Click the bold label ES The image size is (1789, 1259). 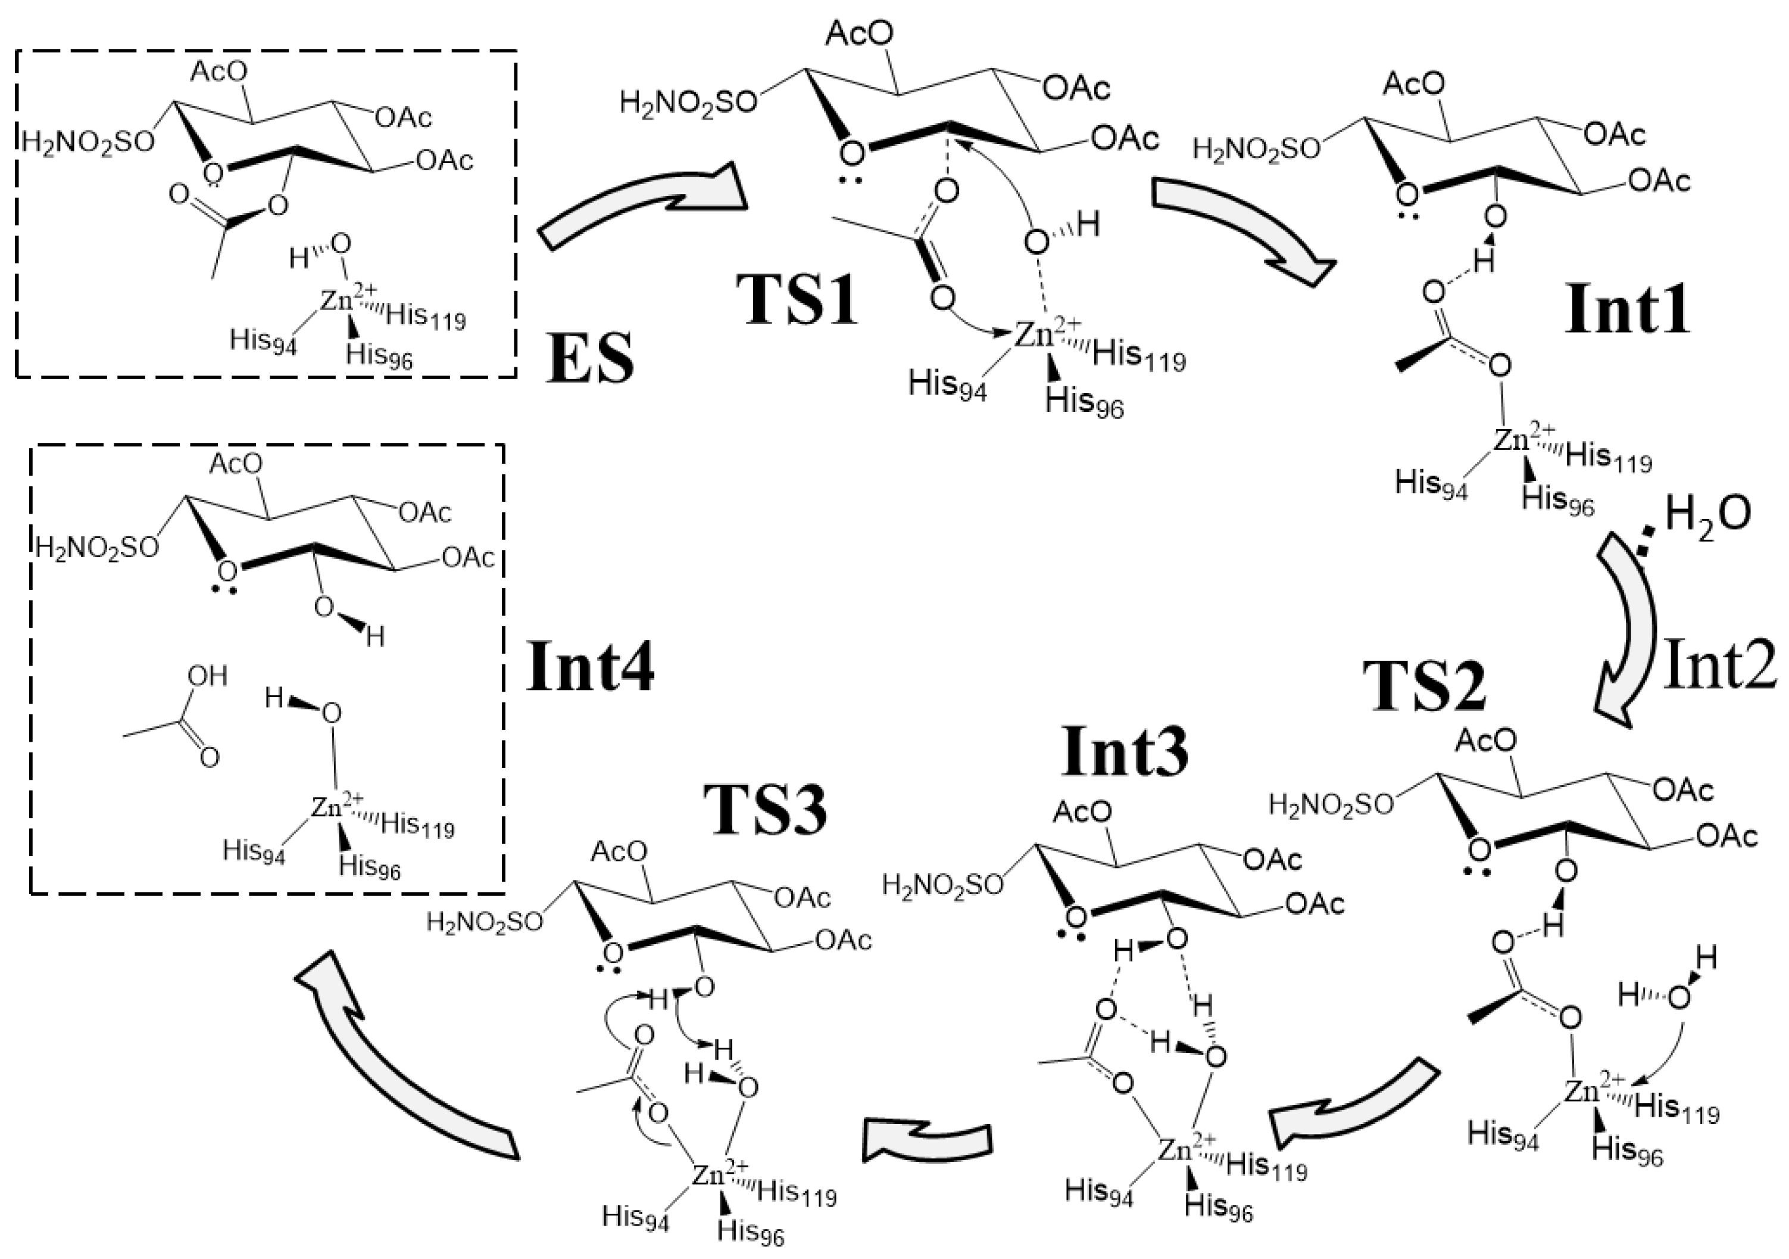[590, 359]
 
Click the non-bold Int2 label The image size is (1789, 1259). [1720, 667]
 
